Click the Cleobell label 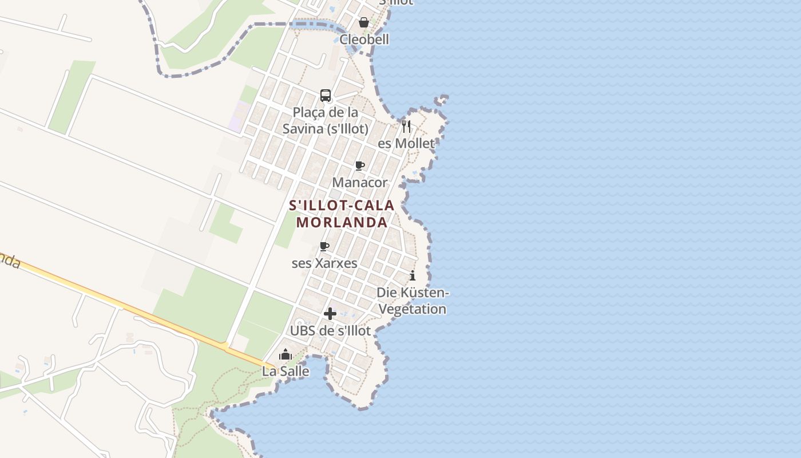tap(364, 40)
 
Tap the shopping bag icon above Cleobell tap(363, 22)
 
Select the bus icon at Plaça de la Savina tap(326, 96)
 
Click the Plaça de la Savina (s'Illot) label tap(325, 121)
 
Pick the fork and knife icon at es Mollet tap(406, 126)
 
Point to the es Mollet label tap(406, 143)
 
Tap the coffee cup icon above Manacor tap(360, 166)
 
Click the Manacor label tap(360, 183)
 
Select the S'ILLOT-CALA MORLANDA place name tap(342, 214)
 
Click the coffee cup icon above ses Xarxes tap(324, 247)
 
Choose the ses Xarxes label tap(324, 263)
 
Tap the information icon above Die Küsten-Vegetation tap(413, 276)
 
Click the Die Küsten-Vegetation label tap(413, 301)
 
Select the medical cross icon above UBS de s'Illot tap(330, 314)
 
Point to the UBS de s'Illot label tap(330, 331)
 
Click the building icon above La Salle tap(285, 354)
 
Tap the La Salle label tap(285, 372)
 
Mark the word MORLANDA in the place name tap(342, 222)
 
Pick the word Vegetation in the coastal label tap(413, 309)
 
